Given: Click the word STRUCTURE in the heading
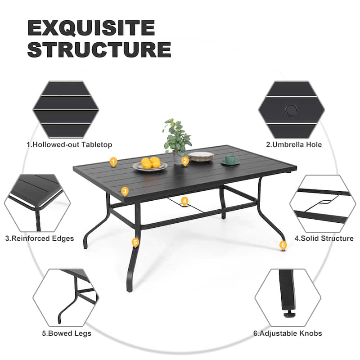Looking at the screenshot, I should coord(99,50).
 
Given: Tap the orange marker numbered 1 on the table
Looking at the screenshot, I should coord(113,161).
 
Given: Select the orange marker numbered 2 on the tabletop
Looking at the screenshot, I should coord(184,161).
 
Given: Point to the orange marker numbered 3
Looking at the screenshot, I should coord(125,191).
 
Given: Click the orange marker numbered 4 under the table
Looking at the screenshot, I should coord(184,201).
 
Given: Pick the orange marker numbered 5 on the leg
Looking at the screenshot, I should coord(135,242).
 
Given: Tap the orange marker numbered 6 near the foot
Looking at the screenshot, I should coord(283,245).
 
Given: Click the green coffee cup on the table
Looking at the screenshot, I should coord(230,160).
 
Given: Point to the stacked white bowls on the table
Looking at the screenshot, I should coord(201,157).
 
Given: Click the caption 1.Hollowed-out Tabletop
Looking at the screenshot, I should coord(69,144).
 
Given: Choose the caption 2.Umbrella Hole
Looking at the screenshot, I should coord(294,144).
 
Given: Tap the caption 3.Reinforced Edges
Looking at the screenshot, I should coord(40,238).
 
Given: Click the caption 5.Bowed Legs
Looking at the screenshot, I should coord(67,333).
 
